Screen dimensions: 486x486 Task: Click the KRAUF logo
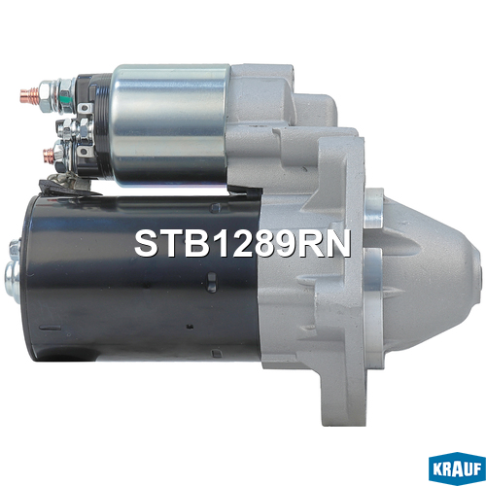tap(457, 469)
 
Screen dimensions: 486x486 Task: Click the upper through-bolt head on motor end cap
tap(15, 248)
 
